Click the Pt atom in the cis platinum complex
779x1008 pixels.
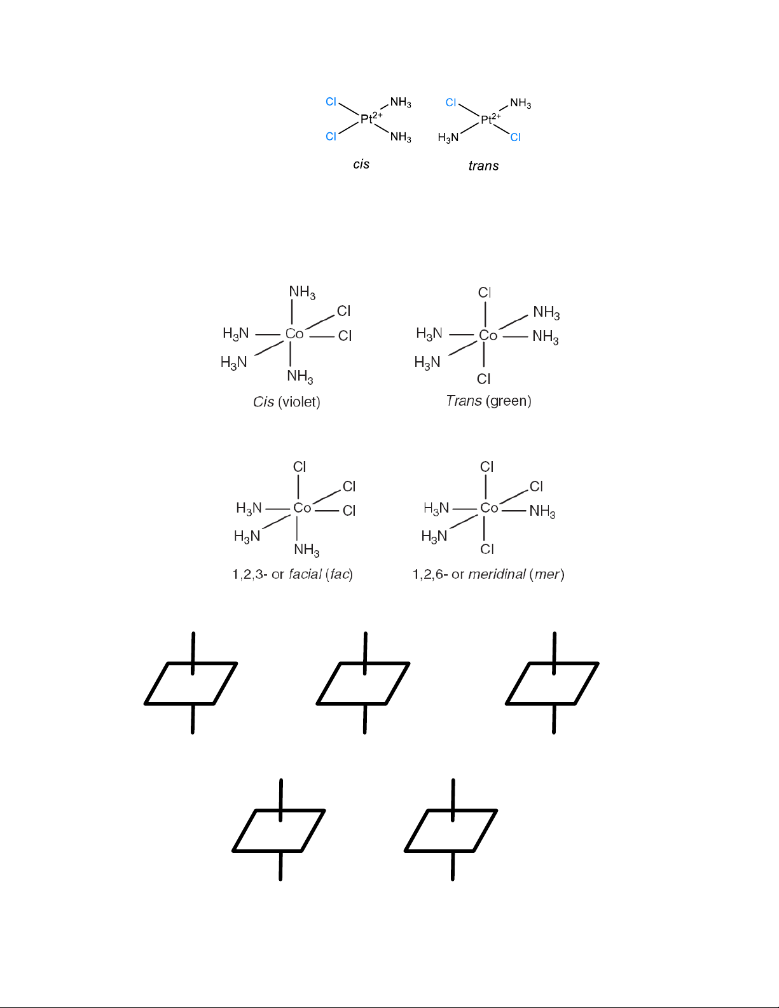[x=366, y=119]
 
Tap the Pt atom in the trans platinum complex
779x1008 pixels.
[x=486, y=120]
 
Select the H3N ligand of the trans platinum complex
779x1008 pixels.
[x=448, y=138]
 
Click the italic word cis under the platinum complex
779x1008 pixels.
[x=361, y=164]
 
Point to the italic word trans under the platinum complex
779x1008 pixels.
[x=483, y=166]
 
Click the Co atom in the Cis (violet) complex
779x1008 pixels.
[x=294, y=334]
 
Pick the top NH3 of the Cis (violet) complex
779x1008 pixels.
[x=302, y=293]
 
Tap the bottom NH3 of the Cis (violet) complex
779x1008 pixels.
[x=300, y=376]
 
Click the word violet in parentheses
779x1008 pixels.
[x=299, y=402]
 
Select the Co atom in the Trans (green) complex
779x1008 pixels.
[x=488, y=335]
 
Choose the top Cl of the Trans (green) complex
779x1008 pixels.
[x=485, y=293]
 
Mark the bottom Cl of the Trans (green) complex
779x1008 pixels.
[x=484, y=379]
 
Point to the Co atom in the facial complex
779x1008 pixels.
[x=302, y=508]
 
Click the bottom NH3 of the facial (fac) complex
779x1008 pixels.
[x=307, y=549]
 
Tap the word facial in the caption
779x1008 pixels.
[x=305, y=574]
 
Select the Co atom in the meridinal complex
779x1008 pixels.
[x=489, y=508]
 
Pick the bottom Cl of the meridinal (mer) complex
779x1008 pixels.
[x=487, y=549]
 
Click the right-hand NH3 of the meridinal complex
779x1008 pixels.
[x=542, y=511]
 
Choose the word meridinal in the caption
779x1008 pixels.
[x=497, y=574]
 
